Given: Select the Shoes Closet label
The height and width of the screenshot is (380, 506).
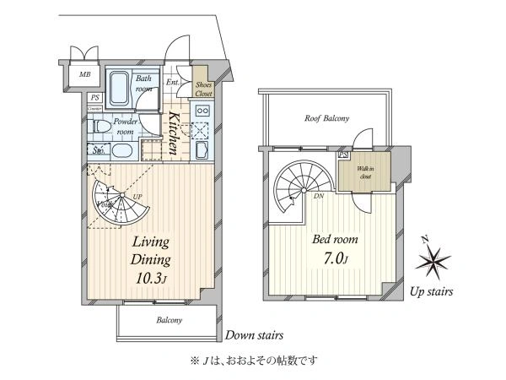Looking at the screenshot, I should [x=203, y=89].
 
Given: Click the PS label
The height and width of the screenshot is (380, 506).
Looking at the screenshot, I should [x=94, y=98].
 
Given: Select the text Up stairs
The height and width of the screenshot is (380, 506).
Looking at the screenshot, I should [x=433, y=293].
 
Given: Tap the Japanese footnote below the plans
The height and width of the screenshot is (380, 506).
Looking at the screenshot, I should [x=253, y=361].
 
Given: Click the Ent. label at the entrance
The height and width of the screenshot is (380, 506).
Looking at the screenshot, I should [x=172, y=83].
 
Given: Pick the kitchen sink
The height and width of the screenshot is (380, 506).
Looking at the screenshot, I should [x=203, y=150].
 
